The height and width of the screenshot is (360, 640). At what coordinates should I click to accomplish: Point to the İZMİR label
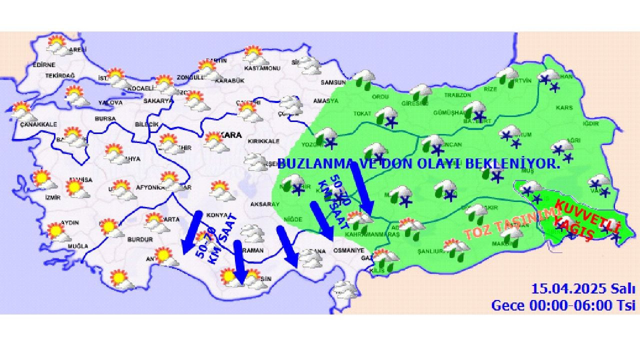(x=52, y=197)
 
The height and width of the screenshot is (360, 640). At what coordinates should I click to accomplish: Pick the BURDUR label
(x=140, y=239)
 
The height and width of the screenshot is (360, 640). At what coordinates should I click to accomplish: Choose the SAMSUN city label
(x=333, y=82)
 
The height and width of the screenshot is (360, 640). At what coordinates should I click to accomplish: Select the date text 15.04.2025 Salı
(x=583, y=288)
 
